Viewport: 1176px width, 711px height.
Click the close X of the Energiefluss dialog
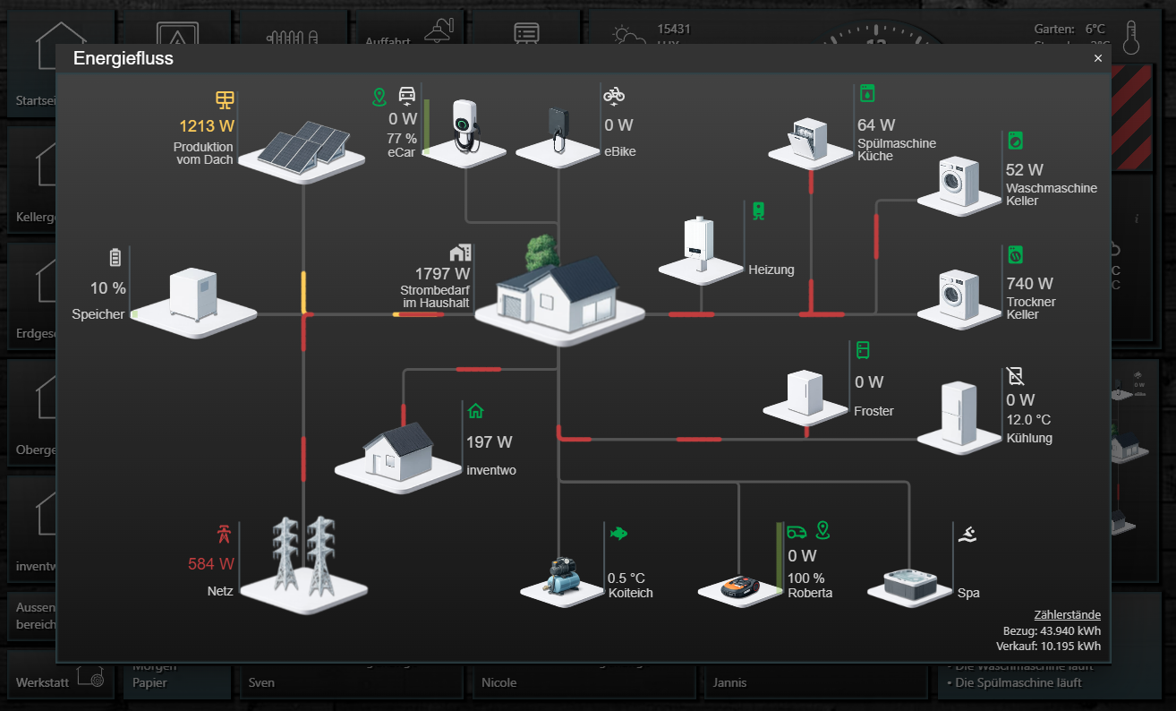click(x=1098, y=58)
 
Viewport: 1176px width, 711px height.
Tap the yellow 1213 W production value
click(x=206, y=126)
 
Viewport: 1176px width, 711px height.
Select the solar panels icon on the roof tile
click(x=303, y=143)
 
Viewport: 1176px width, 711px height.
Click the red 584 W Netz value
click(x=211, y=564)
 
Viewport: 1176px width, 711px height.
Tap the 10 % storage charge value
click(x=107, y=288)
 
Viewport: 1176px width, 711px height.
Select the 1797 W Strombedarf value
click(x=442, y=274)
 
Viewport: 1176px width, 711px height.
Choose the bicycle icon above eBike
click(x=614, y=94)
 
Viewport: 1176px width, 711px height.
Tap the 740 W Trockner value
click(x=1029, y=284)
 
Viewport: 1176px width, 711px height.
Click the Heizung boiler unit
click(x=699, y=243)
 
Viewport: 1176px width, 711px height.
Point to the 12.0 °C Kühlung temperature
click(x=1028, y=420)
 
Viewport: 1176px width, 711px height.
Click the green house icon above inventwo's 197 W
click(x=476, y=411)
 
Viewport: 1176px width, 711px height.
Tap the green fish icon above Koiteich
click(x=618, y=533)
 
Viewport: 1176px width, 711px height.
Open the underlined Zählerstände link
click(x=1067, y=615)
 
